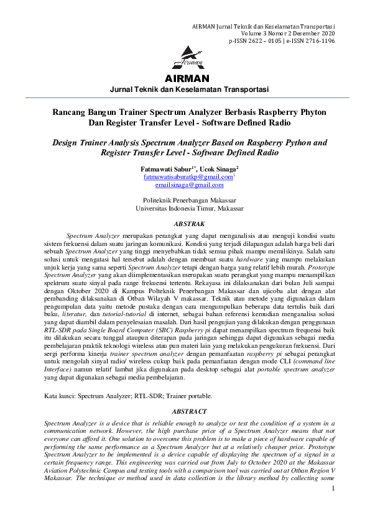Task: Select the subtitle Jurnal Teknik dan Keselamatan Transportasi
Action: [x=188, y=89]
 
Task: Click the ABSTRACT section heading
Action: [x=188, y=411]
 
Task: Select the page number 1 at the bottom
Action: [x=333, y=506]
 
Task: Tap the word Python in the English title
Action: [x=295, y=142]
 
